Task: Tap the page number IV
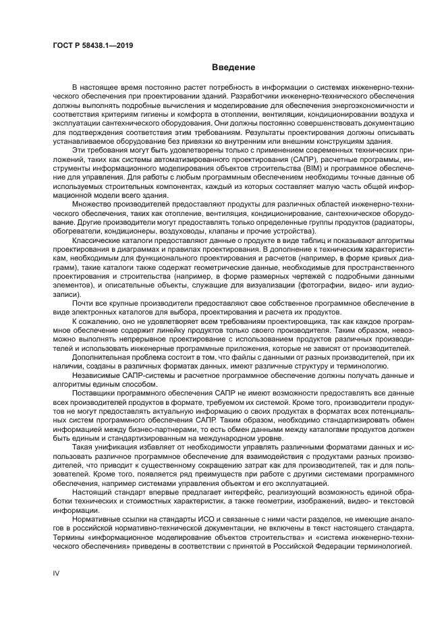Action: click(57, 572)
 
